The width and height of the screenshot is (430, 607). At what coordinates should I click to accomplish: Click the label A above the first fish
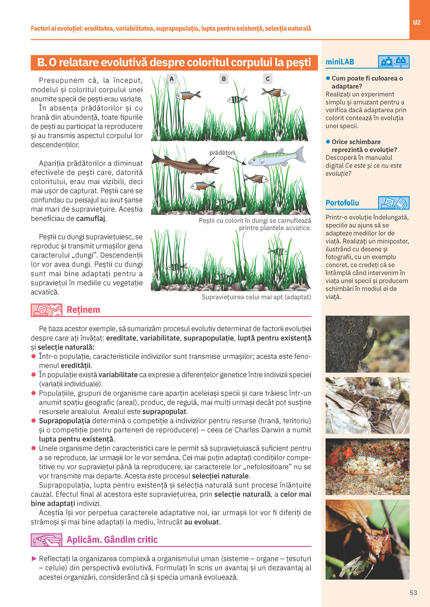[171, 79]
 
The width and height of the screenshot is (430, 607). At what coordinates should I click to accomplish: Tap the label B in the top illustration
[224, 79]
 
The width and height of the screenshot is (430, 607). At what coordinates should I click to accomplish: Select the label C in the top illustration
[267, 79]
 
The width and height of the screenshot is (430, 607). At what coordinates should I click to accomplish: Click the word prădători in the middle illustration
[222, 153]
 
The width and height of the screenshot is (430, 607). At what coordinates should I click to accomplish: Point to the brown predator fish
[185, 164]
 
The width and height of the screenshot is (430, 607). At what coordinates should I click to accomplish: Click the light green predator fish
[275, 158]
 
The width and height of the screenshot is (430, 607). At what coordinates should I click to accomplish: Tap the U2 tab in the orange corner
[417, 23]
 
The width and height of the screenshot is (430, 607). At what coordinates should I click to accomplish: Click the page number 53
[413, 592]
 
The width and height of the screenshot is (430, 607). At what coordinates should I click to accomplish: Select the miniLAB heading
[340, 62]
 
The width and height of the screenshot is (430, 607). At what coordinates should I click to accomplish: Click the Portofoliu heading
[342, 203]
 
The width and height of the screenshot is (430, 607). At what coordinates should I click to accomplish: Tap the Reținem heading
[83, 310]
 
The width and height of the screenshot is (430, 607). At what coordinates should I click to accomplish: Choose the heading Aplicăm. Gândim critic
[112, 540]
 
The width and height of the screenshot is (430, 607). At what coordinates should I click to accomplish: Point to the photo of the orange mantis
[367, 539]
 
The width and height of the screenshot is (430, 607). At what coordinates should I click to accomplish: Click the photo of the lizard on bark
[367, 344]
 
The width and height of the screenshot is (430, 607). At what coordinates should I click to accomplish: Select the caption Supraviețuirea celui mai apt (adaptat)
[256, 297]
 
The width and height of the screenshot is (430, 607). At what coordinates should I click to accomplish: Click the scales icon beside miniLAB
[393, 62]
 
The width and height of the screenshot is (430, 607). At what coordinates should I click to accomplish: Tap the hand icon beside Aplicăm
[46, 540]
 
